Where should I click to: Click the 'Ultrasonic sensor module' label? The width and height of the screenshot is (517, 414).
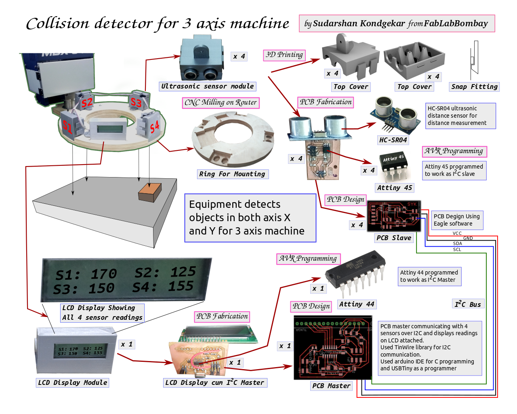[x=208, y=86]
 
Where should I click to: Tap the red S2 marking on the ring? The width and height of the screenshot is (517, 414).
[x=87, y=102]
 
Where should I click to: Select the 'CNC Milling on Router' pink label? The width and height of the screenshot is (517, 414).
[x=221, y=103]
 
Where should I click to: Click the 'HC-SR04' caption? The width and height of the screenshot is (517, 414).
[x=393, y=140]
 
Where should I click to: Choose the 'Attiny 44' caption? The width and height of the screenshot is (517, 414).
[x=357, y=304]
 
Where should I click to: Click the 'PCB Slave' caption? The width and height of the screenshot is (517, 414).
[x=394, y=238]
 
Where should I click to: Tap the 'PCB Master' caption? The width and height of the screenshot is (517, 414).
[x=331, y=386]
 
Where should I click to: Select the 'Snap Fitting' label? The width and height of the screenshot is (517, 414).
[x=474, y=87]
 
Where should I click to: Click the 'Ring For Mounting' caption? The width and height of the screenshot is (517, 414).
[x=232, y=174]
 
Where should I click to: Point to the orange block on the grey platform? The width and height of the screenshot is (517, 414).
[x=150, y=192]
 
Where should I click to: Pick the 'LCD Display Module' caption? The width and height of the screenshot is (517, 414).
[x=73, y=382]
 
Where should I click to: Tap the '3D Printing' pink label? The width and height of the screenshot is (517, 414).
[x=284, y=55]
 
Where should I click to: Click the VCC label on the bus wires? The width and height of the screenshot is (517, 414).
[x=457, y=233]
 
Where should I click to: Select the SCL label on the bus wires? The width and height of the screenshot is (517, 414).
[x=457, y=249]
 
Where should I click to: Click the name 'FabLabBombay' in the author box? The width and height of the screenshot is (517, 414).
[x=456, y=23]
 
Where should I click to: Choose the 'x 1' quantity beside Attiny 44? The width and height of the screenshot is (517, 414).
[x=318, y=288]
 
